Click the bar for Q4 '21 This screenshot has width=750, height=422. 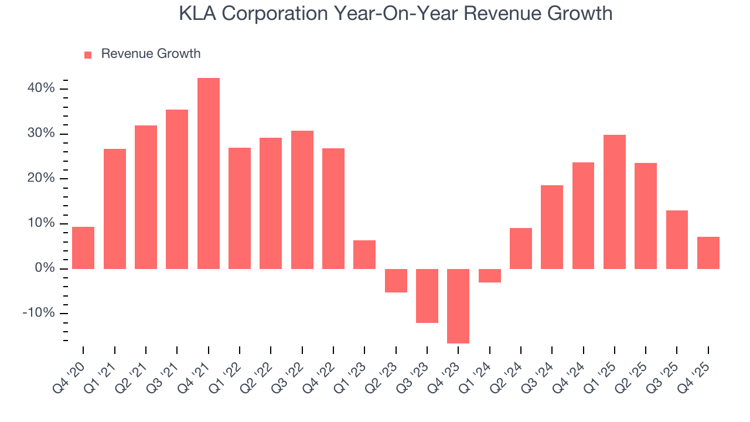tap(208, 173)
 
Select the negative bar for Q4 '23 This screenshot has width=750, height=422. tap(458, 306)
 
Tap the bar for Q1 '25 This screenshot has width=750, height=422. tap(614, 202)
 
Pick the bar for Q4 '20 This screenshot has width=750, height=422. tap(83, 247)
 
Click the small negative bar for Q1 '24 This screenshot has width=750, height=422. tap(489, 275)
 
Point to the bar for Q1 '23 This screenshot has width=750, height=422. tap(364, 254)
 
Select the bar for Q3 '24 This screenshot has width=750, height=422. tap(552, 227)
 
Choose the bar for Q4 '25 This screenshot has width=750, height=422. tap(708, 253)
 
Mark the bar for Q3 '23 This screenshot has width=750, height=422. tap(427, 295)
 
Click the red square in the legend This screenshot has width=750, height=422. tap(88, 55)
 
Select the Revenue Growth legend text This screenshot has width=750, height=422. tap(151, 54)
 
